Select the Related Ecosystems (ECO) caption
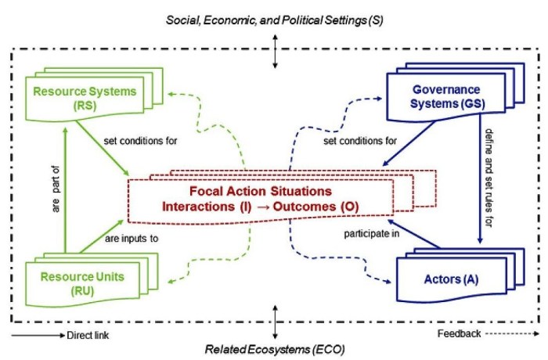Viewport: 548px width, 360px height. (x=275, y=348)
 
